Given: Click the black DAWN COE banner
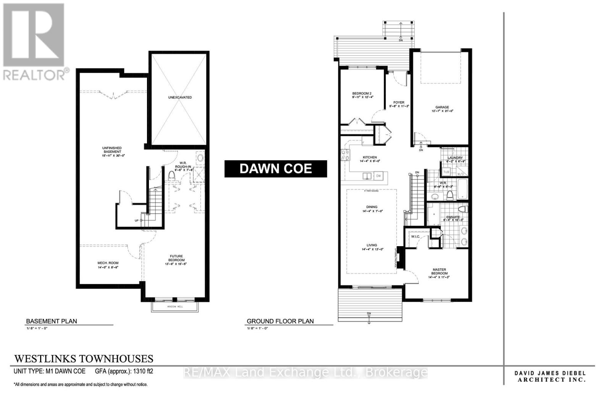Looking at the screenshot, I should click(275, 169).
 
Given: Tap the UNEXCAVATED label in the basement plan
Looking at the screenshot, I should click(180, 97).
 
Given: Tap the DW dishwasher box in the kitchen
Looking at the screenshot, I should click(378, 176).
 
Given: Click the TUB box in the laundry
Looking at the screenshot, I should click(446, 173).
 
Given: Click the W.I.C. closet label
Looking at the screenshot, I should click(415, 237).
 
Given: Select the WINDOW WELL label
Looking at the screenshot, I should click(175, 307).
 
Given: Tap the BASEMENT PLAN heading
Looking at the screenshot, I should click(51, 321).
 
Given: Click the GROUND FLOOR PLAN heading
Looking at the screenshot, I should click(280, 321).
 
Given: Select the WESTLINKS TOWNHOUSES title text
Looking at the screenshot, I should click(84, 359).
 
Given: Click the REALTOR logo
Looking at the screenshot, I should click(34, 42).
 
